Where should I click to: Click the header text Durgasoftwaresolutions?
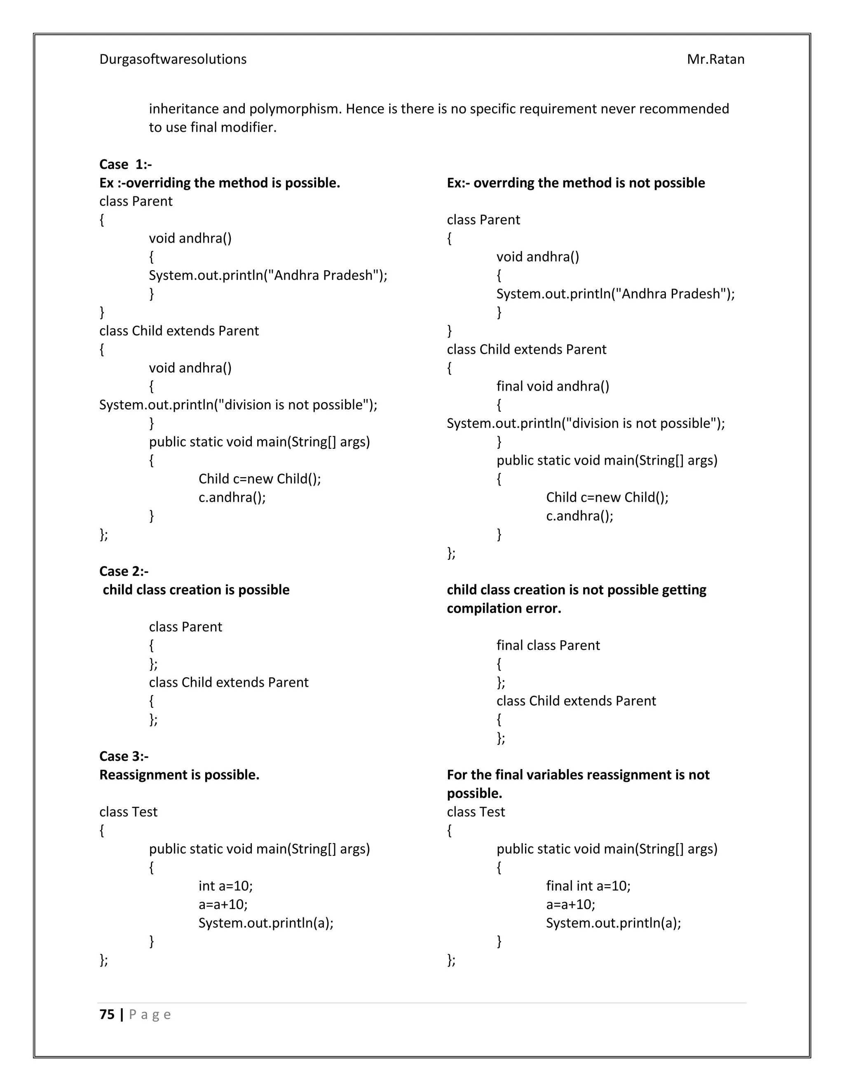(x=173, y=59)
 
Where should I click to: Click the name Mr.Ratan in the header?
(x=715, y=59)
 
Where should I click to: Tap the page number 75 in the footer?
(x=107, y=1014)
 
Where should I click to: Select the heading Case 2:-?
(x=124, y=571)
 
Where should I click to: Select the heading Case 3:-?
(x=124, y=756)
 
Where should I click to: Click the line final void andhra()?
(x=553, y=386)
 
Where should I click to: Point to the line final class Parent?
(x=548, y=646)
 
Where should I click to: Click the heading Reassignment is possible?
(x=179, y=775)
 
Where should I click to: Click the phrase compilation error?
(x=504, y=608)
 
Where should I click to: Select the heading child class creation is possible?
(x=196, y=590)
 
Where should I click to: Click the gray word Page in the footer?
(x=150, y=1014)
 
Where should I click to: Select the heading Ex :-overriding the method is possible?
(x=220, y=183)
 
